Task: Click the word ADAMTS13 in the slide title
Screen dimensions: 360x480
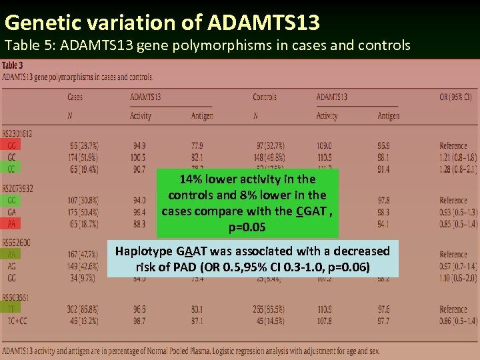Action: (x=265, y=23)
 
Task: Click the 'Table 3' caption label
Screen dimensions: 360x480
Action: (x=13, y=66)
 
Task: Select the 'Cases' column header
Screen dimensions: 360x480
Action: (x=75, y=97)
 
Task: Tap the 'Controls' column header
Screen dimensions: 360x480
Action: (x=265, y=97)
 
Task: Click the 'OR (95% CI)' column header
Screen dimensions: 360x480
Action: (x=455, y=97)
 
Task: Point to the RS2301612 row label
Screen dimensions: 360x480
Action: (x=17, y=134)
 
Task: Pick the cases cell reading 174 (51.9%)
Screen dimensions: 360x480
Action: (x=83, y=157)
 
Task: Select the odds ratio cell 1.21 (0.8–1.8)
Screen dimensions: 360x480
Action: (x=457, y=157)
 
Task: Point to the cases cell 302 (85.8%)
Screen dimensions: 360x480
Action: (x=83, y=309)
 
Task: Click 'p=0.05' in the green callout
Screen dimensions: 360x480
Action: (x=247, y=227)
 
